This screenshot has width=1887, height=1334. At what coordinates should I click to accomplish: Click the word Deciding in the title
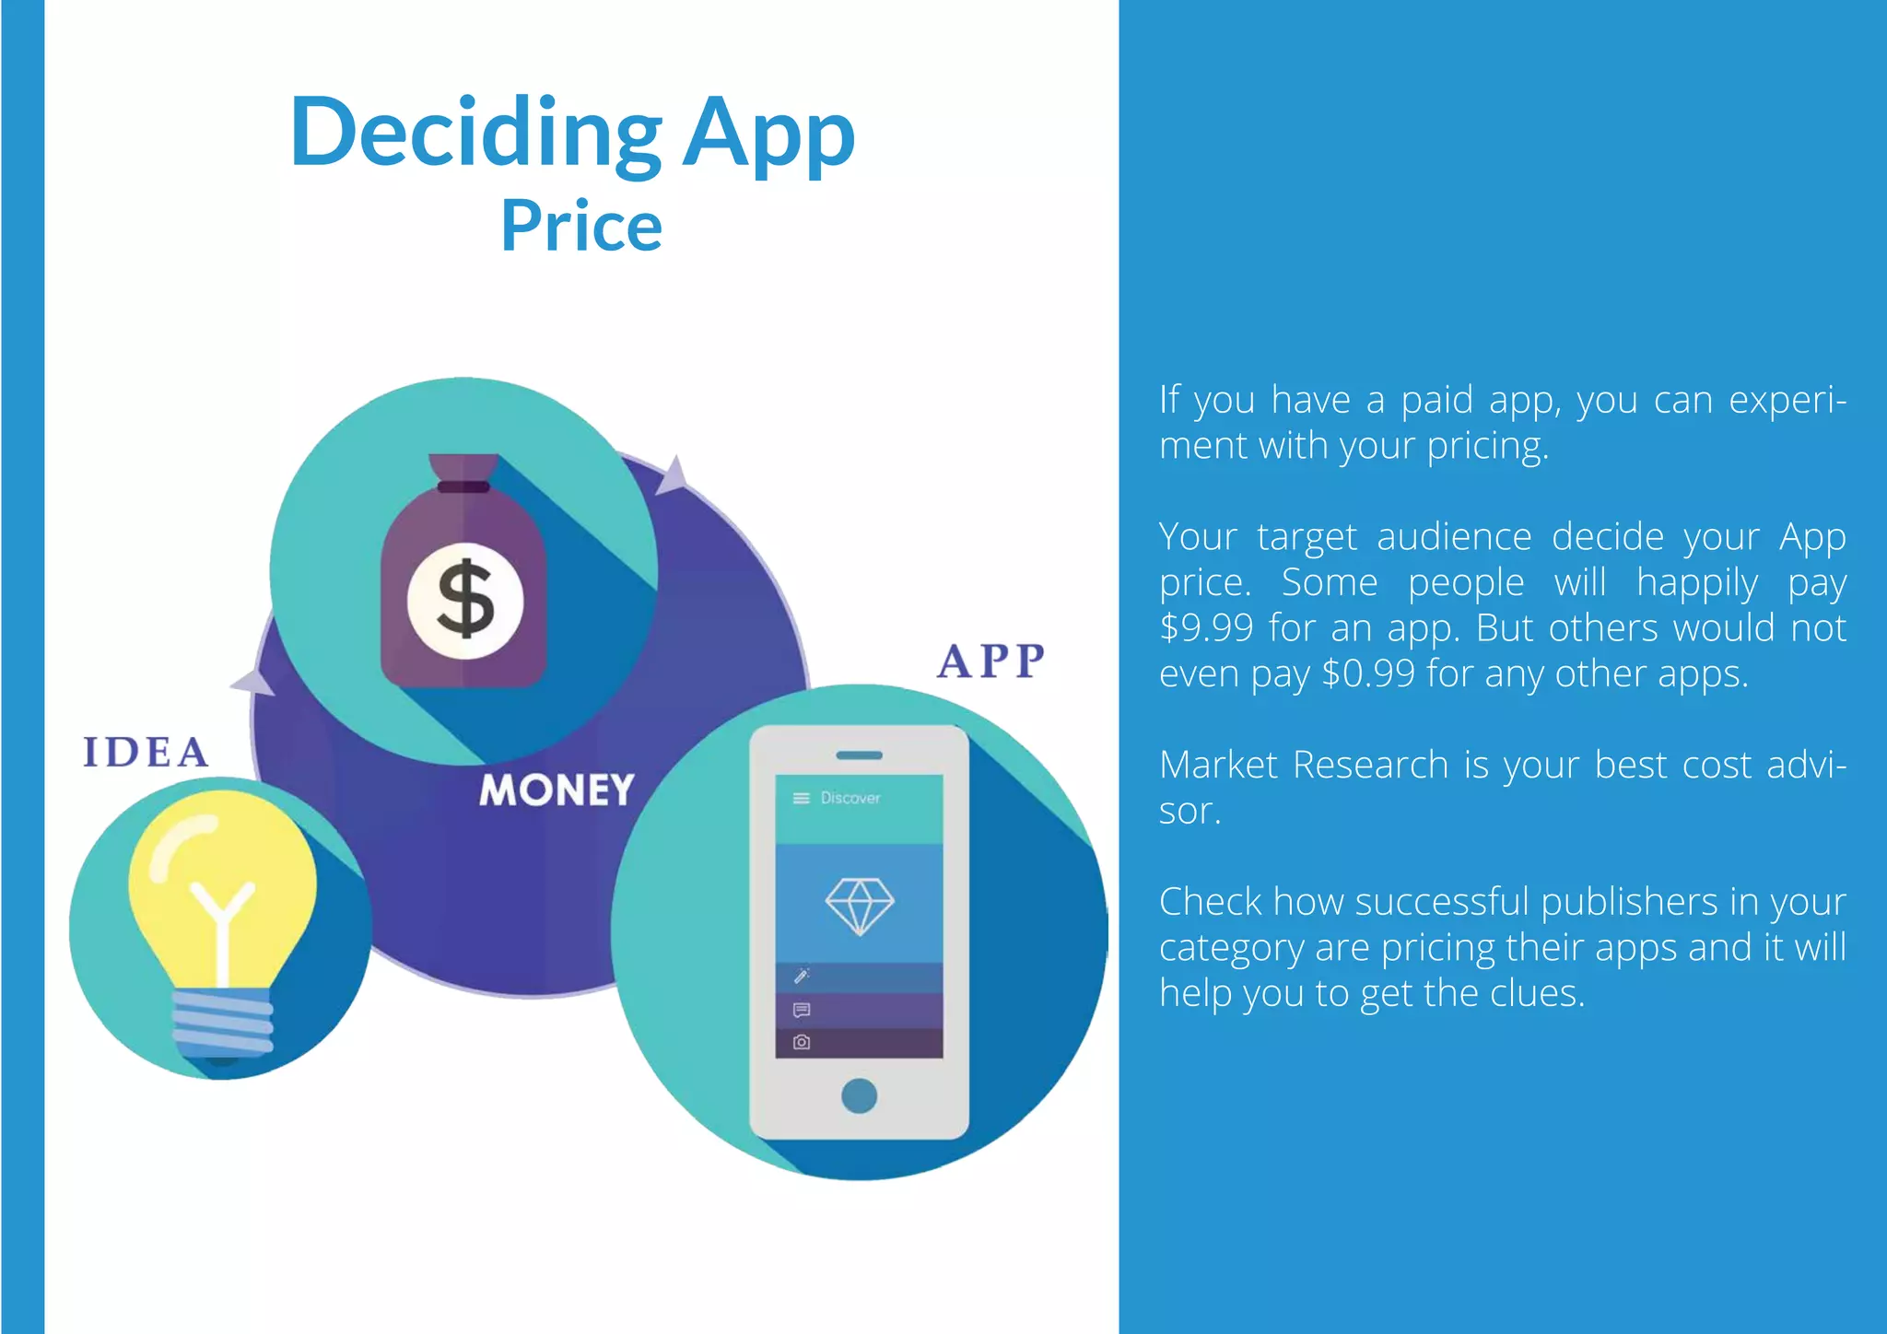coord(475,134)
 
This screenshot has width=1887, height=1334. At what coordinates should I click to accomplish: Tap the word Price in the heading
coord(581,227)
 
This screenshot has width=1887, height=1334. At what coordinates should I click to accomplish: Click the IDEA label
coord(146,753)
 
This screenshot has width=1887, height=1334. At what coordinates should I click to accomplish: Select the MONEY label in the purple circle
coord(557,790)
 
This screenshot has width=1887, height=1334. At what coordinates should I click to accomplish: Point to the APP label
coord(992,661)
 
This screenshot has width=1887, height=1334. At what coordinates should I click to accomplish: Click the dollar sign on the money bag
coord(465,600)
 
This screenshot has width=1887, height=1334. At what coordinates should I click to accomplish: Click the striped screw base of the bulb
coord(223,1021)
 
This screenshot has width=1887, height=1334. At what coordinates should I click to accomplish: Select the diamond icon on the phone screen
coord(859,906)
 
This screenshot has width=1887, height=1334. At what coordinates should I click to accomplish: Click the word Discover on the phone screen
coord(850,798)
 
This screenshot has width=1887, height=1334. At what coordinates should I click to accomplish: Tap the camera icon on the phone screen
coord(802,1042)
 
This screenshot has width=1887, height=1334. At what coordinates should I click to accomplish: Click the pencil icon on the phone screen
coord(802,976)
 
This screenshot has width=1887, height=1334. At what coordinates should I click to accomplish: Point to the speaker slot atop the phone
coord(859,755)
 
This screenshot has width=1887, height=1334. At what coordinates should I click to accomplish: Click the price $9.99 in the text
coord(1206,628)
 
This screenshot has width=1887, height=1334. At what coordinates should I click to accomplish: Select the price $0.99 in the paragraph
coord(1367,674)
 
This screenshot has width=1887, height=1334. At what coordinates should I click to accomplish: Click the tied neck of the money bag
coord(463,486)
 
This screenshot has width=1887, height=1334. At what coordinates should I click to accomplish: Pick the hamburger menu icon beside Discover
coord(801,798)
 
